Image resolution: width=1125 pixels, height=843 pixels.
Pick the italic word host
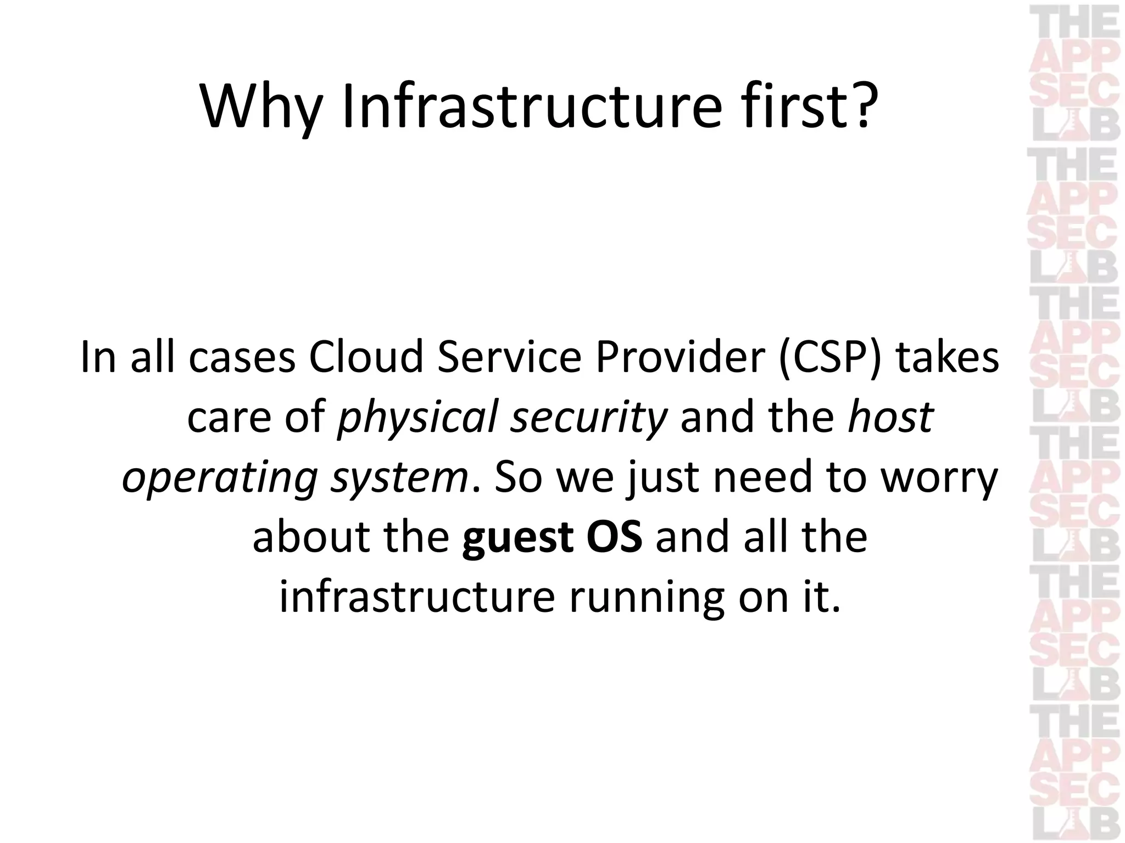pyautogui.click(x=890, y=417)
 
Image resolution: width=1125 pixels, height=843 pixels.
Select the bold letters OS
pyautogui.click(x=614, y=537)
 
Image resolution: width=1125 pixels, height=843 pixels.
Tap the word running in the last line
pyautogui.click(x=646, y=597)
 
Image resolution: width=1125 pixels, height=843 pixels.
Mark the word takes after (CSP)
pyautogui.click(x=947, y=358)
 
